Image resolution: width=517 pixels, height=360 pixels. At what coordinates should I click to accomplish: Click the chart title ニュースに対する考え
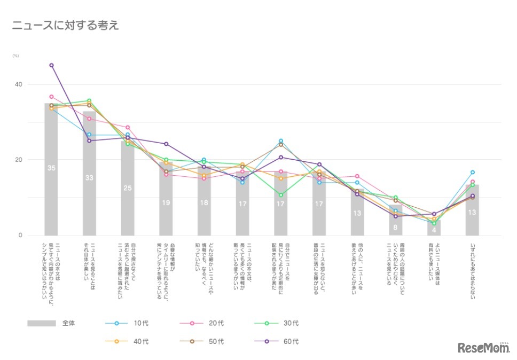click(65, 25)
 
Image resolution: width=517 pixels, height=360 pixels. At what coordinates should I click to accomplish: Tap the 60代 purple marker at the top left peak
click(52, 65)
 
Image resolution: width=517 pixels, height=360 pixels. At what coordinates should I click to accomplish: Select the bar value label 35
click(51, 168)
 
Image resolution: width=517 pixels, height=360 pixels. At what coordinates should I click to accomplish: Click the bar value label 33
click(90, 177)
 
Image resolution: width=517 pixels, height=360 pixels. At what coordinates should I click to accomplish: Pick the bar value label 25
click(128, 188)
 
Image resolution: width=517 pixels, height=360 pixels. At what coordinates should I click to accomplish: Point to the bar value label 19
click(166, 202)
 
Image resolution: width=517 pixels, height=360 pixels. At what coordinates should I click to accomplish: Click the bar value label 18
click(205, 203)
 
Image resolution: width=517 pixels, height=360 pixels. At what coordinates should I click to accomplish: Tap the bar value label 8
click(396, 226)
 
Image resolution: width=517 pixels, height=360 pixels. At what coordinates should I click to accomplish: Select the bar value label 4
click(434, 231)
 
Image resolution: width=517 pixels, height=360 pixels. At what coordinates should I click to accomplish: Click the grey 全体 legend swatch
click(42, 323)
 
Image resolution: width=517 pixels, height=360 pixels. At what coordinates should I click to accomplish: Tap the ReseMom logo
click(483, 348)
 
